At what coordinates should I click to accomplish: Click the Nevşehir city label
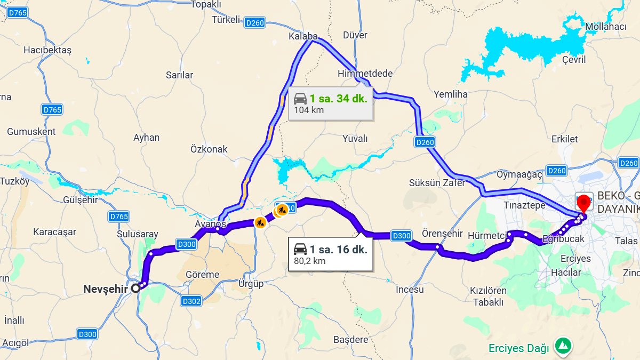coord(106,289)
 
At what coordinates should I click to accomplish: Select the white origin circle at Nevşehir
coord(136,288)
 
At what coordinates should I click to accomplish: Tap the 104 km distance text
coord(309,110)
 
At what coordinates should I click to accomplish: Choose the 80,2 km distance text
coord(309,261)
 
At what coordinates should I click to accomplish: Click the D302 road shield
coord(191,301)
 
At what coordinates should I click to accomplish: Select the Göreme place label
coord(202,275)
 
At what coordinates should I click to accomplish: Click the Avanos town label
coord(207,225)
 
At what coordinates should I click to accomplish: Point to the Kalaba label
coord(303,37)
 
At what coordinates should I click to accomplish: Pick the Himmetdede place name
coord(365,74)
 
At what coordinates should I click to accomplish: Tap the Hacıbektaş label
coord(47,50)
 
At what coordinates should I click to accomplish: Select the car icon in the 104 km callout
coord(300,99)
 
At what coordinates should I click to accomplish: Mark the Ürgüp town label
coord(251,284)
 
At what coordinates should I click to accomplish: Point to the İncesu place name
coord(410,290)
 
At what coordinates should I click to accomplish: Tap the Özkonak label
coord(209,149)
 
